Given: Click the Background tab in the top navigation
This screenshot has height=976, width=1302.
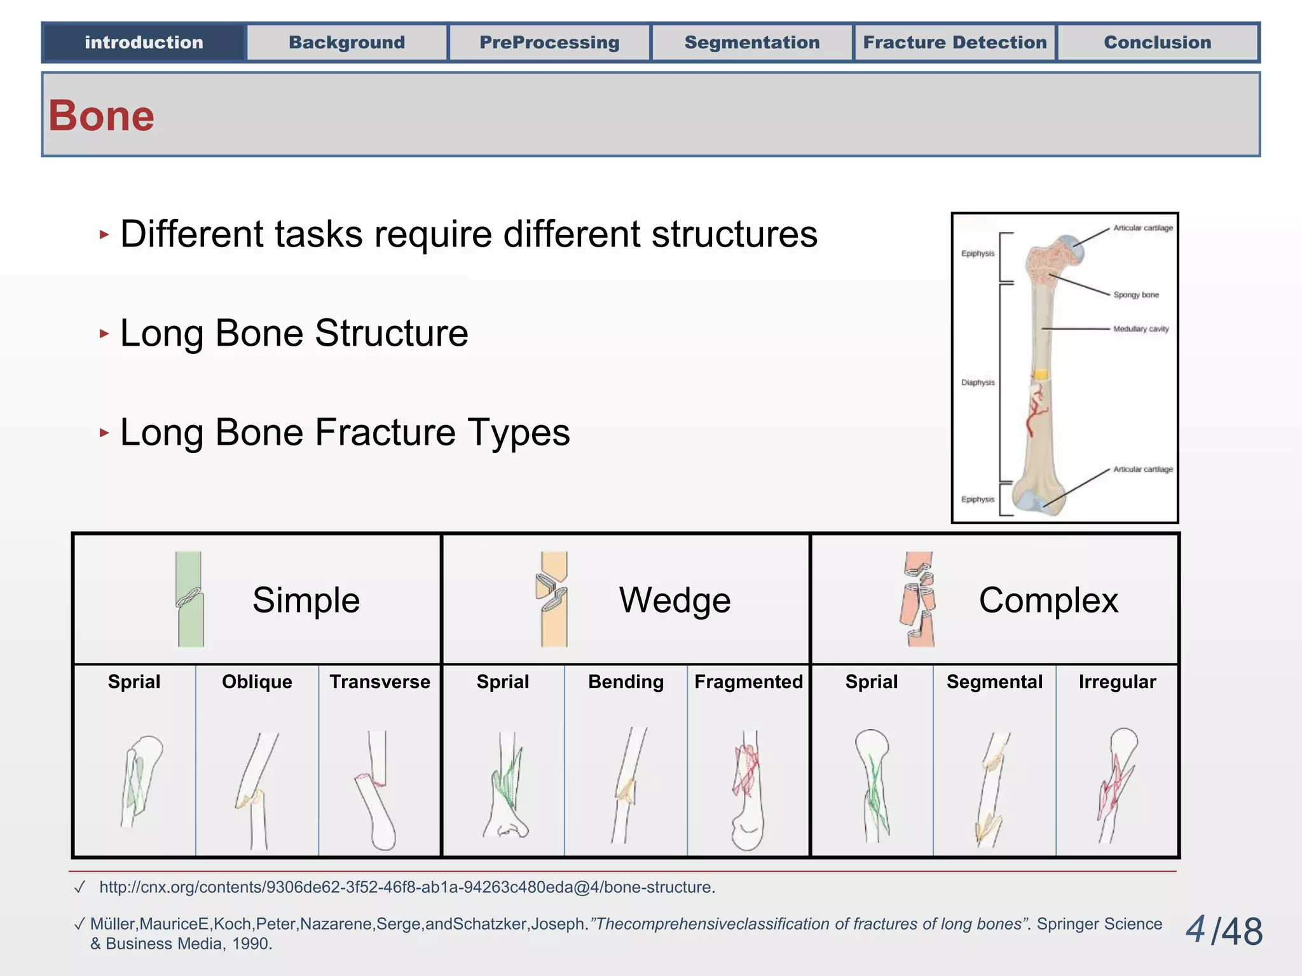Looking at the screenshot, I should tap(346, 43).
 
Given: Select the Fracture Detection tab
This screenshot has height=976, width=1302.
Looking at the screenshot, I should tap(954, 43).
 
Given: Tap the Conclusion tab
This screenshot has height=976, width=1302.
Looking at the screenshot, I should tap(1157, 43).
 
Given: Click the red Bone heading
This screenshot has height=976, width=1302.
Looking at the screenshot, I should tap(102, 116).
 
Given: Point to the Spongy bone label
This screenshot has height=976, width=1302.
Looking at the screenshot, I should tap(1135, 295).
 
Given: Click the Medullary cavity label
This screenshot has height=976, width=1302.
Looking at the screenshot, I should tap(1141, 329).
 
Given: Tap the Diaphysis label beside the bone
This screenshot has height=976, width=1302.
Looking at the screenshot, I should tap(977, 383).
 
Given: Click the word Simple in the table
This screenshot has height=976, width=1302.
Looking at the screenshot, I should tap(306, 600).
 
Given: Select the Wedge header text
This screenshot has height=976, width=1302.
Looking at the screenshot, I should tap(675, 600).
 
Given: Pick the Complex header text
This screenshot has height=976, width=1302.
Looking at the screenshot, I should tap(1048, 600).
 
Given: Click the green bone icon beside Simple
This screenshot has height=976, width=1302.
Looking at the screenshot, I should tap(189, 599).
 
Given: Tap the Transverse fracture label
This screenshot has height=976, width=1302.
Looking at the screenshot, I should tap(380, 682).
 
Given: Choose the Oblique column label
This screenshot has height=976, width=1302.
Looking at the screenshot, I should tap(257, 682).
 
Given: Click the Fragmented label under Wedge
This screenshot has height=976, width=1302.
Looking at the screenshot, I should tap(748, 682).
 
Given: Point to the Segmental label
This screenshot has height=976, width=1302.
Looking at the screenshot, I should tap(994, 682).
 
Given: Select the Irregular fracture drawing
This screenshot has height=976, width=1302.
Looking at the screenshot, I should tap(1116, 785).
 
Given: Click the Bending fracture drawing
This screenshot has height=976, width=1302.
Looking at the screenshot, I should tap(628, 785).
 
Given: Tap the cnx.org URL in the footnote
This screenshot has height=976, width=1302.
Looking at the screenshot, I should tap(407, 887).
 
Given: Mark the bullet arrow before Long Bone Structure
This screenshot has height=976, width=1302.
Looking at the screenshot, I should tap(104, 334).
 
